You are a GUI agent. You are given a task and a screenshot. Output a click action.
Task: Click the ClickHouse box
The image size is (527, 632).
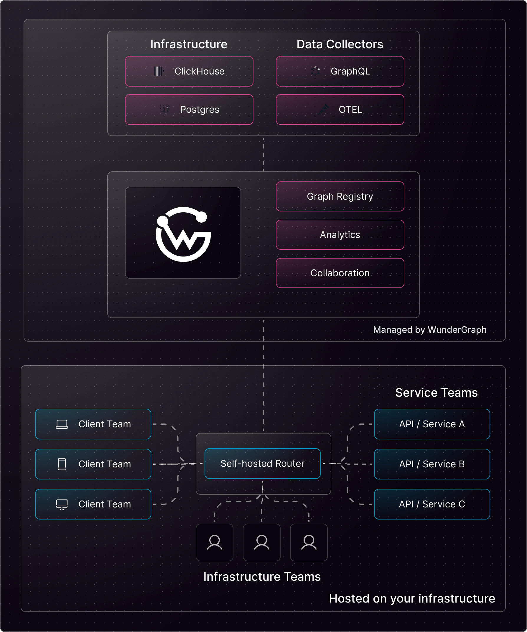[x=189, y=71]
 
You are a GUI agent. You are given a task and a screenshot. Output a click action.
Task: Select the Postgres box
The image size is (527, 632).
[x=189, y=110]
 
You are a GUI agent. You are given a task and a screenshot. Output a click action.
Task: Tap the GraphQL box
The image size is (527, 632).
[x=340, y=71]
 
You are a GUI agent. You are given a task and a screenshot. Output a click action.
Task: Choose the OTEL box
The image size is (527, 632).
[x=340, y=110]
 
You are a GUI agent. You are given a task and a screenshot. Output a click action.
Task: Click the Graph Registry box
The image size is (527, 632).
[x=340, y=196]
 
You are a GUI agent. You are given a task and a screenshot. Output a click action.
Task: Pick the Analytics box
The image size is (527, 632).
[x=340, y=235]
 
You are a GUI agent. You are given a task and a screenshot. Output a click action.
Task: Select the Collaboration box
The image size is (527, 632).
[x=340, y=273]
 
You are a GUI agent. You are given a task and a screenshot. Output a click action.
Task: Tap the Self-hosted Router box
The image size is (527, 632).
[x=262, y=464]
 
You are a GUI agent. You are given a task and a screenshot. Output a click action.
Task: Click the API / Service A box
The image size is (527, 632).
[x=432, y=424]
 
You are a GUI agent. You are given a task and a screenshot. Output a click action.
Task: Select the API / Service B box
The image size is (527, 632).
[x=432, y=464]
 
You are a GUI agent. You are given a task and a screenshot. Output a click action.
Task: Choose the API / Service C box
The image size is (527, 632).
[x=432, y=504]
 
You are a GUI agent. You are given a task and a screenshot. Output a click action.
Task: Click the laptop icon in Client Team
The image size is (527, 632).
[x=62, y=424]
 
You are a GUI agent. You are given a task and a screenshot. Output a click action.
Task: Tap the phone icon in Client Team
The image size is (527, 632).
[x=62, y=464]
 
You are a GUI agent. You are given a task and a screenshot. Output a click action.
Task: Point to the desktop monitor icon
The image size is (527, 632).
[x=62, y=504]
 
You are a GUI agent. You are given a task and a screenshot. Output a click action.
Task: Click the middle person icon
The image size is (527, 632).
[x=262, y=542]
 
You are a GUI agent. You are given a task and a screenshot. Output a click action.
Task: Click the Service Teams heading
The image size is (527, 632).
[x=436, y=393]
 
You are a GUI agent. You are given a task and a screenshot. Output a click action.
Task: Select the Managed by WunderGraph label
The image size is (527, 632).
[x=430, y=330]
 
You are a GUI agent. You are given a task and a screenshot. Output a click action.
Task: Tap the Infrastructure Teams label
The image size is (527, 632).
[x=262, y=577]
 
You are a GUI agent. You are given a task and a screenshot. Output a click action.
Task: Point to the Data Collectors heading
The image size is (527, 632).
[x=340, y=44]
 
